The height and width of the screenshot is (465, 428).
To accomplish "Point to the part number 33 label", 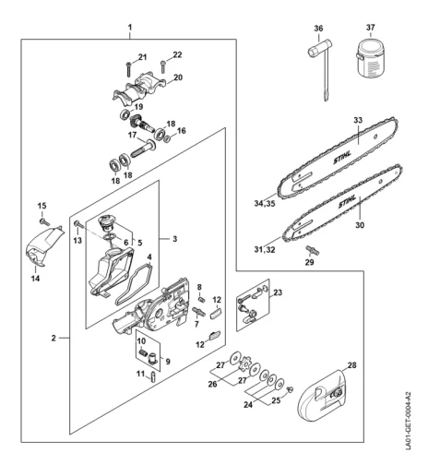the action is pyautogui.click(x=358, y=120).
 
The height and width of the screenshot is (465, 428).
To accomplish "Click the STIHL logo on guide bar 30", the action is pyautogui.click(x=348, y=201).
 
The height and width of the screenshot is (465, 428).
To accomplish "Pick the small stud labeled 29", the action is pyautogui.click(x=312, y=250).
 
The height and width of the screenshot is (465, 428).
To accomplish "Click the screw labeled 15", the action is pyautogui.click(x=44, y=221).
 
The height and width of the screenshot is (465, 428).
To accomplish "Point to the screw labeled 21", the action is pyautogui.click(x=128, y=69).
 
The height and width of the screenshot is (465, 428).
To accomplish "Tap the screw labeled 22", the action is pyautogui.click(x=163, y=67).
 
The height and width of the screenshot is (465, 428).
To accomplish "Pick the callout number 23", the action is pyautogui.click(x=278, y=292).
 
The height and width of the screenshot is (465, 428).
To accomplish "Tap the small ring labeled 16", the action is pyautogui.click(x=167, y=139).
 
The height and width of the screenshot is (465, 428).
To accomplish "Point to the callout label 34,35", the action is pyautogui.click(x=265, y=204).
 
